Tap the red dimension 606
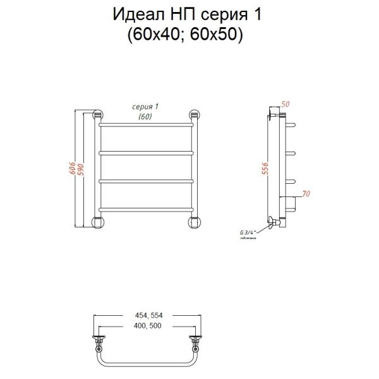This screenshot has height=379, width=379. click(73, 169)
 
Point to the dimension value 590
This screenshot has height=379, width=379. click(80, 169)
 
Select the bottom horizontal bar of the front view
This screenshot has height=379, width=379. click(147, 209)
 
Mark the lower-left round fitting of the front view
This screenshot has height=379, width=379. click(98, 222)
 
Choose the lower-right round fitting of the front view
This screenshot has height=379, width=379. click(195, 222)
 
